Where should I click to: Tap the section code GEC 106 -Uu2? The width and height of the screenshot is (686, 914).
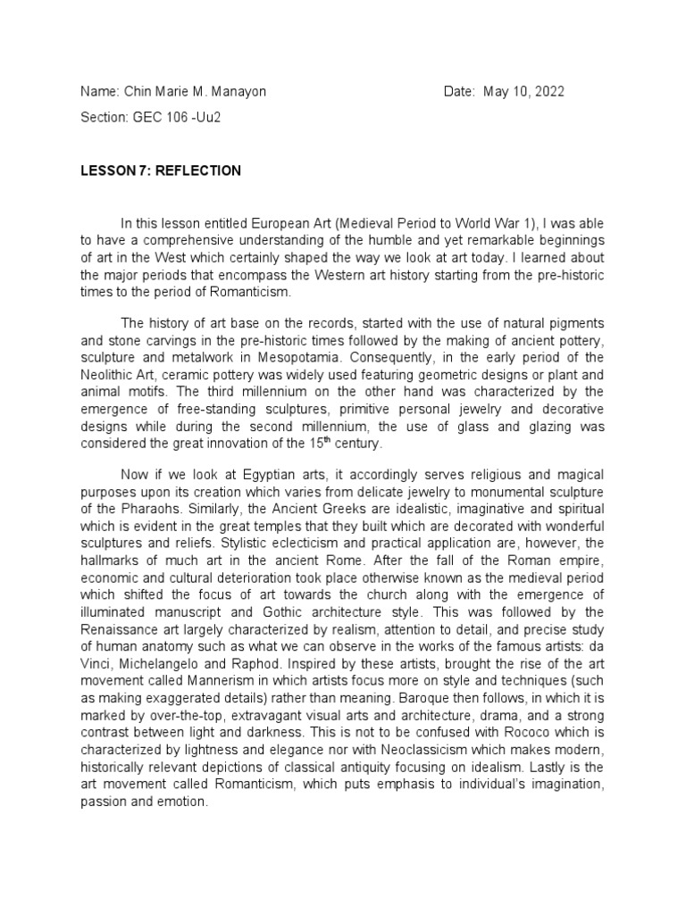(176, 119)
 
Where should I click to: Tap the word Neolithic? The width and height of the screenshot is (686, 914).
(109, 376)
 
